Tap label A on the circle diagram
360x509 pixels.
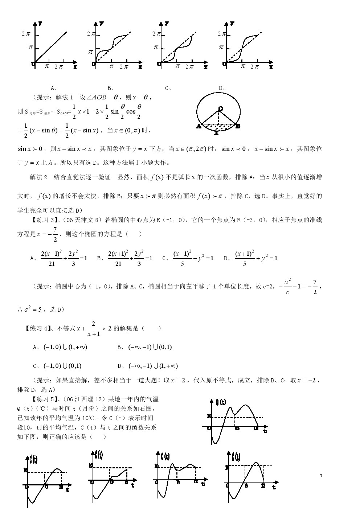tap(199, 127)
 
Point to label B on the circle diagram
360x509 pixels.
tap(238, 127)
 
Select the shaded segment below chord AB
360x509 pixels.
tap(218, 127)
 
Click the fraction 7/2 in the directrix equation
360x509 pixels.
tap(55, 234)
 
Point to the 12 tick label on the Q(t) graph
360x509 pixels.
tap(256, 428)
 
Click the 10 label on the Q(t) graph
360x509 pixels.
tap(209, 416)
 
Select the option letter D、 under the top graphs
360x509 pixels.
tap(222, 88)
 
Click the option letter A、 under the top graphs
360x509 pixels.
tap(54, 88)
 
